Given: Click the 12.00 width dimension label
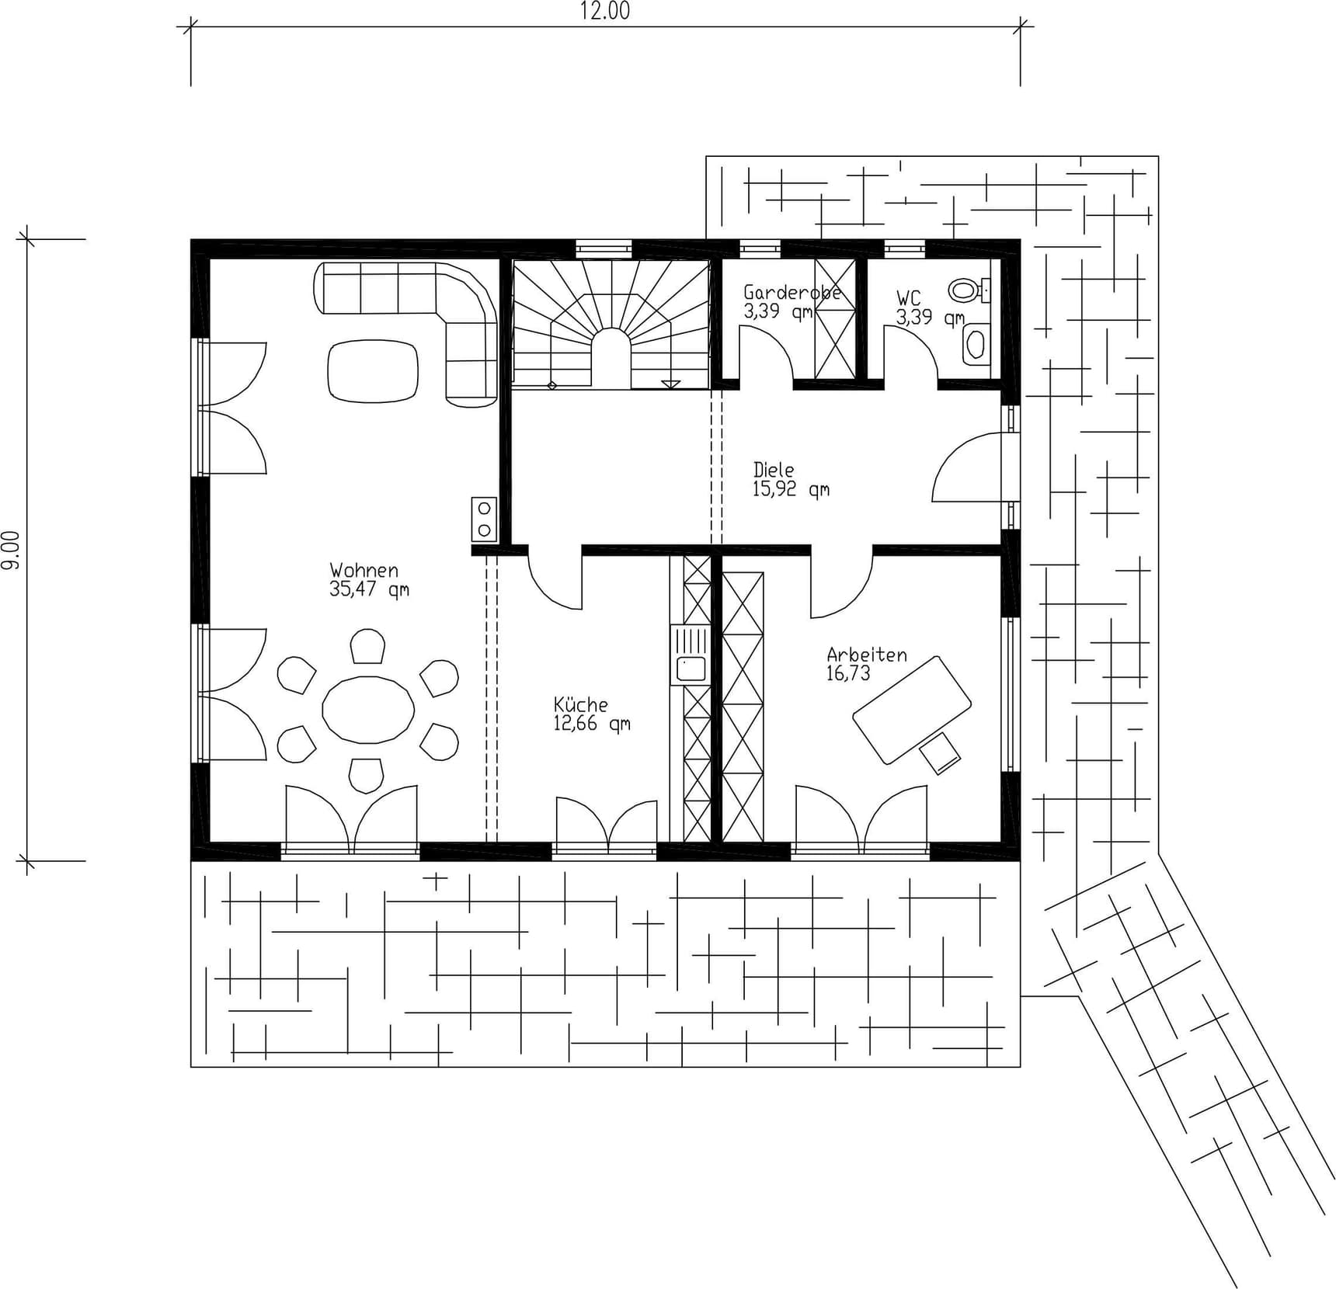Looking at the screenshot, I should (604, 12).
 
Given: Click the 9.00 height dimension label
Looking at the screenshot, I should (10, 550).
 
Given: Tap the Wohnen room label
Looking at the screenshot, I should (364, 571).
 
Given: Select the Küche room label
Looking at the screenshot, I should (580, 705).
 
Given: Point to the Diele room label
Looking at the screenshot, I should (774, 470).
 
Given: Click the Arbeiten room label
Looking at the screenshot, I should (866, 655).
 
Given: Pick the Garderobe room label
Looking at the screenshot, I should (792, 293).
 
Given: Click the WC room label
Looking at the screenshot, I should (908, 297).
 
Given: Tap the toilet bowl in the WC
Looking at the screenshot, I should (965, 290).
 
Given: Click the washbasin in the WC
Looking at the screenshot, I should (976, 343).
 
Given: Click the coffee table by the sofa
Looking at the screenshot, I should (373, 371).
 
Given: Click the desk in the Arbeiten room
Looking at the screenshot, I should (911, 709).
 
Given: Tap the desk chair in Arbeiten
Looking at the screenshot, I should (940, 752).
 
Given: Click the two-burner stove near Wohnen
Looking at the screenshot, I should (483, 519).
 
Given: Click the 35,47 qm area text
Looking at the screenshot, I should (368, 589).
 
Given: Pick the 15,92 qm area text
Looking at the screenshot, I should (790, 489).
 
